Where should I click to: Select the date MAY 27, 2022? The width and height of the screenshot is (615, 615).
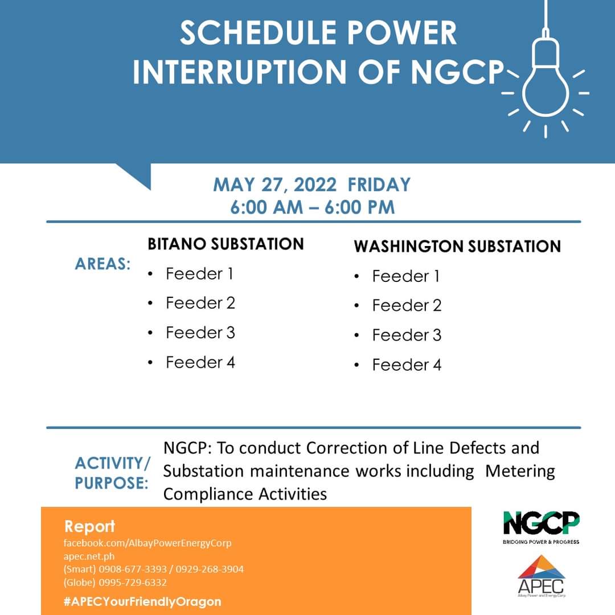[274, 185]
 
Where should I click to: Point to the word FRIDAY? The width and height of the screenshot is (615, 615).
[379, 184]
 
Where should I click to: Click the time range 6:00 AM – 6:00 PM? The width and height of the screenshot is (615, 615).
[312, 207]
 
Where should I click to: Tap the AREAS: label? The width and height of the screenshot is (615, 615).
[102, 264]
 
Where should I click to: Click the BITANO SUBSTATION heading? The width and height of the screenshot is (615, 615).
[225, 244]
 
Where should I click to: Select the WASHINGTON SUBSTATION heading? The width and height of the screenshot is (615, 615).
[457, 247]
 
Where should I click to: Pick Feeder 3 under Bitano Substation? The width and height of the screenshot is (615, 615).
[200, 333]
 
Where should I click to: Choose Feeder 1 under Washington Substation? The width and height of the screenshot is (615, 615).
[405, 276]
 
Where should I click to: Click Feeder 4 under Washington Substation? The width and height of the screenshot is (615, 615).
[407, 365]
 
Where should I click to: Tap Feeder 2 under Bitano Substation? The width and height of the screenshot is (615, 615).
[200, 303]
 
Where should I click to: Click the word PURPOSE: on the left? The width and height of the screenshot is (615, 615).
[112, 483]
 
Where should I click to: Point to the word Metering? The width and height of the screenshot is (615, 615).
[520, 471]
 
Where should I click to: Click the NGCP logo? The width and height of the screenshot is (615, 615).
[541, 527]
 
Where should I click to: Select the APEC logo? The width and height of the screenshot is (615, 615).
[542, 576]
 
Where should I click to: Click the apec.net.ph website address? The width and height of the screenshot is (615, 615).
[89, 556]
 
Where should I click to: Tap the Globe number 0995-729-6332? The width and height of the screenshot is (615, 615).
[133, 583]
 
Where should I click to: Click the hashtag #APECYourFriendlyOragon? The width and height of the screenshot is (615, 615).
[142, 602]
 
